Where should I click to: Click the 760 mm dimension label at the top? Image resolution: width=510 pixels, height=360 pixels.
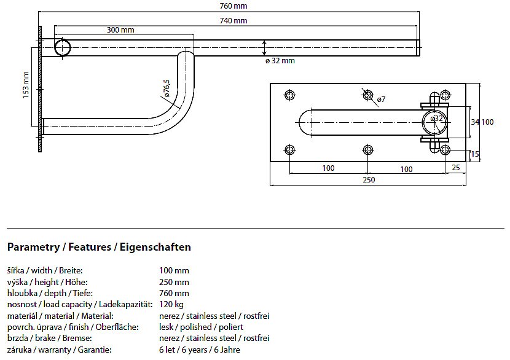(x=233, y=6)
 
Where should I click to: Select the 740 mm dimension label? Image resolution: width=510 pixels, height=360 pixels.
(x=233, y=21)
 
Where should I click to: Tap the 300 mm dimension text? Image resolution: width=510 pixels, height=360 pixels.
(x=120, y=30)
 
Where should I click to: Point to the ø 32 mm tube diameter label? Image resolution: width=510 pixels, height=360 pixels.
(x=280, y=61)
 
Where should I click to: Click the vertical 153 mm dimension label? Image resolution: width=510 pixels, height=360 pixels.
(x=26, y=85)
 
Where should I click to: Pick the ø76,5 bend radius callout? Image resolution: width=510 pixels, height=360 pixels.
(x=167, y=88)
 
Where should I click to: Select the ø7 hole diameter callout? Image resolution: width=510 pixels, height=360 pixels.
(x=381, y=99)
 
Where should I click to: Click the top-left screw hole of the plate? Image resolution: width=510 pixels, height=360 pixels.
(x=289, y=95)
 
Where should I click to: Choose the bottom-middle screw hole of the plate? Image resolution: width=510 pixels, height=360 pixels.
(x=368, y=150)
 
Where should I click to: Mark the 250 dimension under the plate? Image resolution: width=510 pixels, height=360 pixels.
(x=369, y=180)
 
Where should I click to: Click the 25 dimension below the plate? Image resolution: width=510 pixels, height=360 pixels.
(x=456, y=168)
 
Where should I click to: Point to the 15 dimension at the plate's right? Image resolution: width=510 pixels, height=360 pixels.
(x=475, y=154)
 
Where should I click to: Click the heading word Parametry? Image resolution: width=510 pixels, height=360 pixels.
(x=34, y=247)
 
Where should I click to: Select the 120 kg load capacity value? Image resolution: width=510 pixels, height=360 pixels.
(x=171, y=304)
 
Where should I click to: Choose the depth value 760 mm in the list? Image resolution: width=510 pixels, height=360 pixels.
(x=174, y=293)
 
